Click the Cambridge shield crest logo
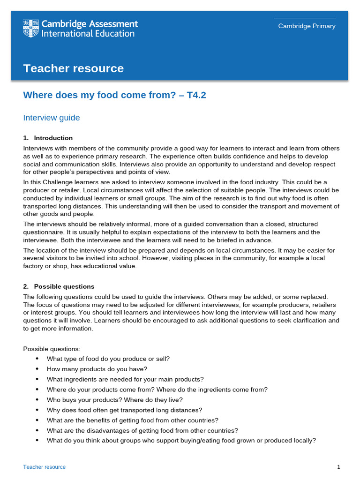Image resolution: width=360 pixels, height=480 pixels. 31,29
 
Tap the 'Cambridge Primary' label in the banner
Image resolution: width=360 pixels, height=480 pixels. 307,26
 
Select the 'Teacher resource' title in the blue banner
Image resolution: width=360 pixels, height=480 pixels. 74,68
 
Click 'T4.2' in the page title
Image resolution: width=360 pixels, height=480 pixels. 196,95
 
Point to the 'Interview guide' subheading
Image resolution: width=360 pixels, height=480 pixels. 52,118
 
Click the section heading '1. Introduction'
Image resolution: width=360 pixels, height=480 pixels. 48,138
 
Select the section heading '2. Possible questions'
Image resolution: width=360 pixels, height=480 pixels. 59,286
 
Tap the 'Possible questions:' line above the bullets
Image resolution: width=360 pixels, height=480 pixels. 52,349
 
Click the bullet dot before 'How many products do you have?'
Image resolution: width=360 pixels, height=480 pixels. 37,369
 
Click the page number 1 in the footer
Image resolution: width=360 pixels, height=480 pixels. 338,467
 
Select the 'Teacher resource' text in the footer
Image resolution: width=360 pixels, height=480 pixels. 45,467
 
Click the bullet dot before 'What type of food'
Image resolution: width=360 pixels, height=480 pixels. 37,359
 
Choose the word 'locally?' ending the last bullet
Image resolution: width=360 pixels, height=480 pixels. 304,441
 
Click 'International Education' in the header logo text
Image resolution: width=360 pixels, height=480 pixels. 88,34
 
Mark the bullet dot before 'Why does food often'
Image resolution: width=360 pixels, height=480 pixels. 37,410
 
